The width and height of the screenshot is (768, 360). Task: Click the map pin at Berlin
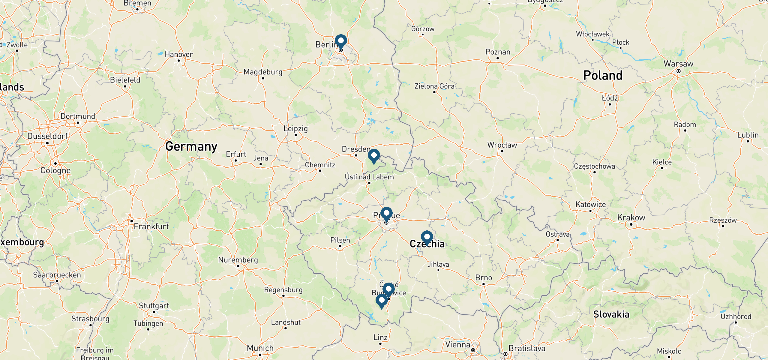[341, 41]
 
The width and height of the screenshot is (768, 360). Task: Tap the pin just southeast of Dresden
[374, 156]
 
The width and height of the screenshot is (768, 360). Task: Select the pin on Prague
[386, 214]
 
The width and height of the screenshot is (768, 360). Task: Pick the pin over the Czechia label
[427, 237]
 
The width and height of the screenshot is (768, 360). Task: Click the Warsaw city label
[678, 64]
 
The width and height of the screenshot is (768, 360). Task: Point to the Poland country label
[603, 75]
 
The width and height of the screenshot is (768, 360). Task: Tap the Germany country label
[191, 146]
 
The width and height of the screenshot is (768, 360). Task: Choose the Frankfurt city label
[151, 226]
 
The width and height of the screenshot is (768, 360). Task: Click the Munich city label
[260, 348]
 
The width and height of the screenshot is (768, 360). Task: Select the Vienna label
[457, 344]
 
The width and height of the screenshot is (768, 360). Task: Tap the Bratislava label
[527, 348]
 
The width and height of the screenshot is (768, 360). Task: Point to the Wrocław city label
[502, 145]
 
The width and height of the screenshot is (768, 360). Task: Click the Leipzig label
[295, 128]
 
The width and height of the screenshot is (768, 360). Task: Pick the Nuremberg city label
[238, 260]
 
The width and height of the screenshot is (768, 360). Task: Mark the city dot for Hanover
[179, 61]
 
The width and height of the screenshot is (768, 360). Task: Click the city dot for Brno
[484, 284]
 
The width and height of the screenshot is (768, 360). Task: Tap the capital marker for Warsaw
[679, 71]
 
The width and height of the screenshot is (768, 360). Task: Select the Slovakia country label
[611, 314]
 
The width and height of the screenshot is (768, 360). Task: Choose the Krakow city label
[631, 217]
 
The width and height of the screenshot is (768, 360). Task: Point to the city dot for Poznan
[498, 58]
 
